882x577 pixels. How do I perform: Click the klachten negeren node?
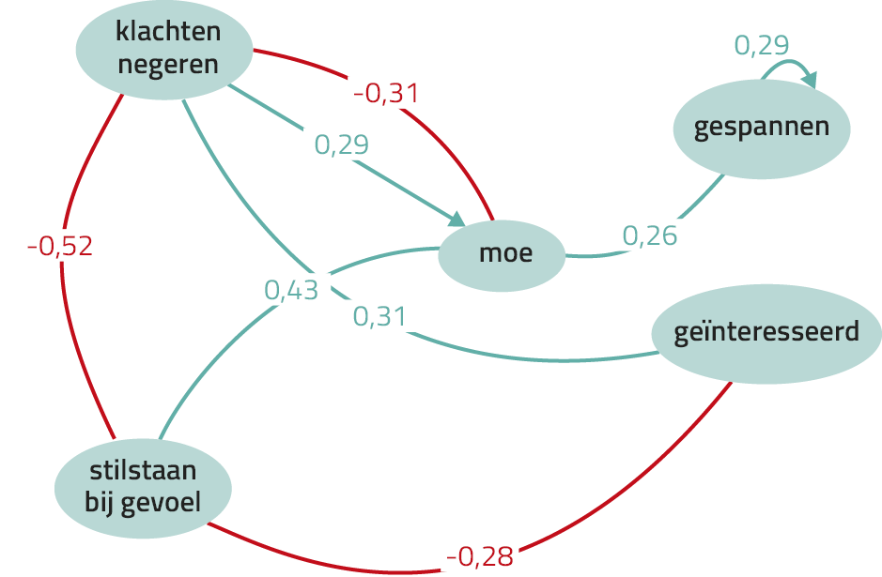click(164, 50)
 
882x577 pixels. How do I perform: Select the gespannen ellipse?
click(762, 129)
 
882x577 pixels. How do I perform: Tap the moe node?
click(502, 255)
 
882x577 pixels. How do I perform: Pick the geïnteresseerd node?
click(766, 334)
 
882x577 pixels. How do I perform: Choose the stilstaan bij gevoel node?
click(143, 488)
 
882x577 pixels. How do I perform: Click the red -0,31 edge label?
click(386, 93)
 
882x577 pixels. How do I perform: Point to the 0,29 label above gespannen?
click(762, 45)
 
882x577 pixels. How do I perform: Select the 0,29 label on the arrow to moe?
click(342, 144)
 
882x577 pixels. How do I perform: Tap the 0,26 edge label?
click(650, 236)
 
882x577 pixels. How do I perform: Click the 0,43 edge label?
click(291, 290)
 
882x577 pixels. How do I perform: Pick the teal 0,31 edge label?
click(379, 316)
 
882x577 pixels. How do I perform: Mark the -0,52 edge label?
click(60, 246)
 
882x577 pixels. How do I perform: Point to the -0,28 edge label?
click(480, 556)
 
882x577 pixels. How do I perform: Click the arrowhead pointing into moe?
click(456, 220)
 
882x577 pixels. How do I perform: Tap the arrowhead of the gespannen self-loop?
click(810, 81)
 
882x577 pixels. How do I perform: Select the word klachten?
click(168, 31)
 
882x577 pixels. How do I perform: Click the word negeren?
click(168, 64)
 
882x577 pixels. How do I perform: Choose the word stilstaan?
click(143, 470)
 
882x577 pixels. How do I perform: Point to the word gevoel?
click(161, 502)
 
